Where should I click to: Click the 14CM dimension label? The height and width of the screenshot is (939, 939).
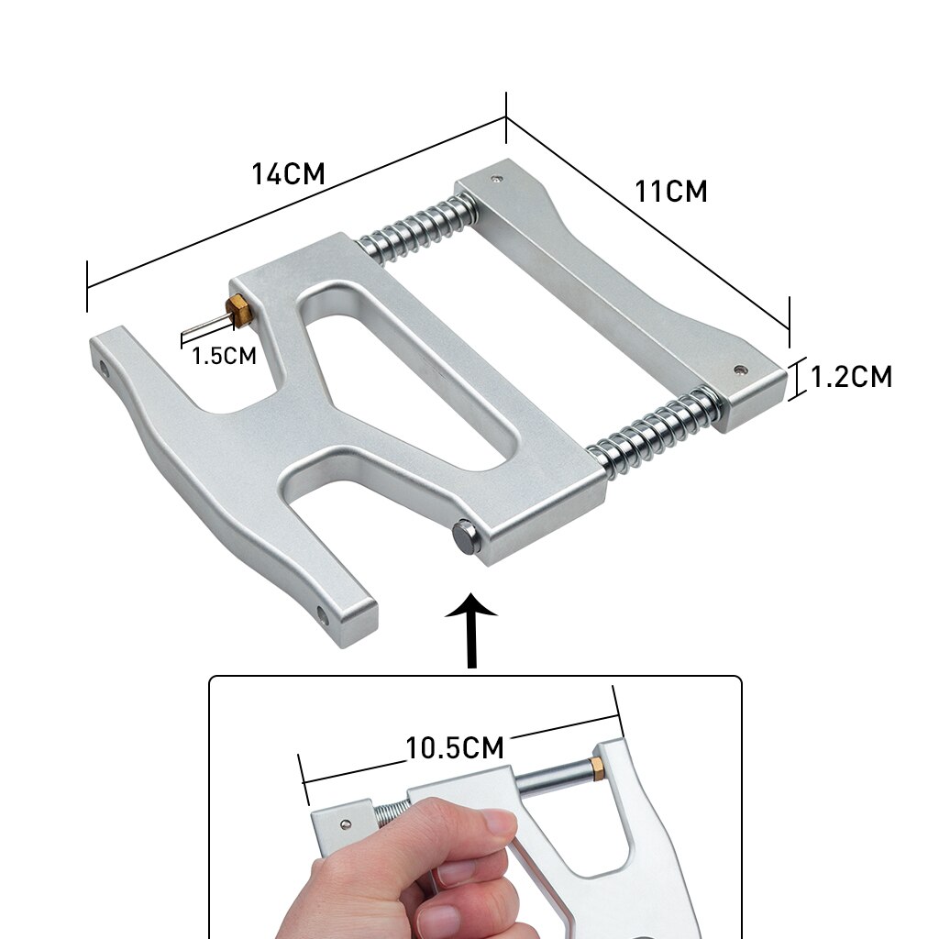point(288,173)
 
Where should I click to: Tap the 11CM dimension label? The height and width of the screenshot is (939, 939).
point(670,192)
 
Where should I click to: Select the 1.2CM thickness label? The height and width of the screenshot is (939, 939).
point(851,377)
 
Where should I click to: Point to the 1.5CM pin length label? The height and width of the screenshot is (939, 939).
point(224,356)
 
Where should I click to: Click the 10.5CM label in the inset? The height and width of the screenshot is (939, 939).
point(455,747)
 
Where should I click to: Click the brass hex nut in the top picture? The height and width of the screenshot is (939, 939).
point(239,311)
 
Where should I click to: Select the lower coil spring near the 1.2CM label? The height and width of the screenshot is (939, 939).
point(657,432)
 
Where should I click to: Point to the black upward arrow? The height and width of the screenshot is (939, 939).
point(471,630)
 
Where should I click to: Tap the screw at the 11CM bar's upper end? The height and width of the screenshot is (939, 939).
point(496,178)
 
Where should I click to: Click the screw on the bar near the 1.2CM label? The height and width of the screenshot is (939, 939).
point(740,370)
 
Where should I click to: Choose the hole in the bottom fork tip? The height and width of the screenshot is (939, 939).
point(323,616)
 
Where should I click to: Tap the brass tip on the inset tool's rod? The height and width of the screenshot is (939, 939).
point(596,769)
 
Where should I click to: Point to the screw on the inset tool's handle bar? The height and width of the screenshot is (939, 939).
point(346,825)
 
